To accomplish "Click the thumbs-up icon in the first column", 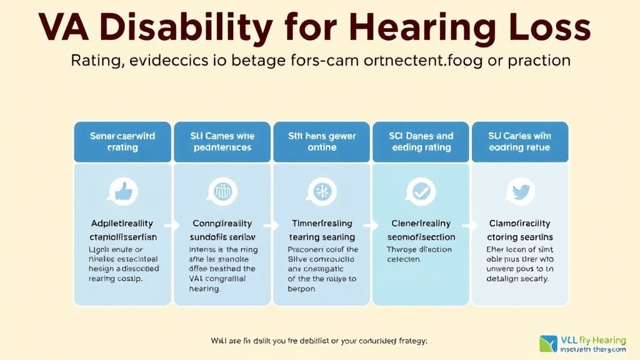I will [x=123, y=191].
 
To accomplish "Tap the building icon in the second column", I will [x=222, y=191].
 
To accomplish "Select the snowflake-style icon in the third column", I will [x=322, y=191].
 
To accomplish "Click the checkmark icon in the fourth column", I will [x=421, y=191].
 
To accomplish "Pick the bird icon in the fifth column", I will [x=520, y=191].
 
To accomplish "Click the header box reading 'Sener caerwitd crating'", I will [x=123, y=141].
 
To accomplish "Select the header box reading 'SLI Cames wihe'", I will [x=222, y=141].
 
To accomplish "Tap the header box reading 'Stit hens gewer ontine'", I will [x=322, y=141].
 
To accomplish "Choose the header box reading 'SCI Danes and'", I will [x=421, y=141].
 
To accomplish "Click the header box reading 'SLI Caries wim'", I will [x=520, y=141].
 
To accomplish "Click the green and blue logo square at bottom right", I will [x=547, y=343].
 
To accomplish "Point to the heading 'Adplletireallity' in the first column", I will [x=123, y=224].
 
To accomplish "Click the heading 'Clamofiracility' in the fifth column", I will [x=520, y=224].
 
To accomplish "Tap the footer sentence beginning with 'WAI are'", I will [x=319, y=341].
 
